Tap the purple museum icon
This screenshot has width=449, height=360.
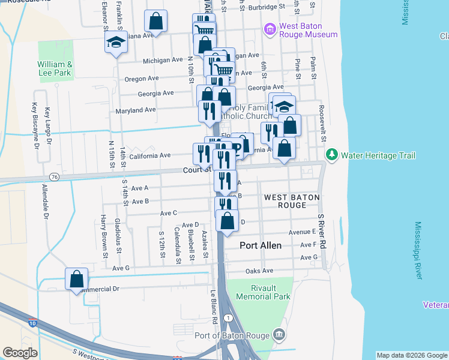click(270, 29)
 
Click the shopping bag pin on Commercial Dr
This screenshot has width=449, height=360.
click(76, 279)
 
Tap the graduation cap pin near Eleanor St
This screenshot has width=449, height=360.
click(115, 43)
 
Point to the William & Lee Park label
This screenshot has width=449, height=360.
click(55, 68)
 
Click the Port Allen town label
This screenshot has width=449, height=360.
click(261, 245)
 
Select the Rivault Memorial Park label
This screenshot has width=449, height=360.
click(263, 292)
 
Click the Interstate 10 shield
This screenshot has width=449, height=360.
click(31, 323)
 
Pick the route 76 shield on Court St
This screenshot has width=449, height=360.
click(55, 176)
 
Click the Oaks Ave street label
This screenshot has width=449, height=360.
click(259, 271)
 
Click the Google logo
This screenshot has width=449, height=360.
click(20, 353)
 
